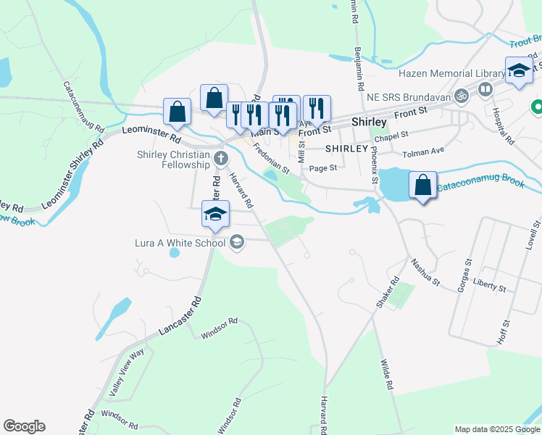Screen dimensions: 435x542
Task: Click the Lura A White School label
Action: [180, 243]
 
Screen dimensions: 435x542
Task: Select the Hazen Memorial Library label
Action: [451, 74]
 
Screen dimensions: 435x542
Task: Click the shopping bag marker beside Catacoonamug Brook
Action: [423, 185]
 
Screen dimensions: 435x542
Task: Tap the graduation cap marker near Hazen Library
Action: [518, 72]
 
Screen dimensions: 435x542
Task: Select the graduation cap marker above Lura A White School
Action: [215, 215]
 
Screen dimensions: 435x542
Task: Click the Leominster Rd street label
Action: [151, 133]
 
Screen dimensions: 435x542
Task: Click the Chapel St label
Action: [391, 135]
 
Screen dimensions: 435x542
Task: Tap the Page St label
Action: [322, 167]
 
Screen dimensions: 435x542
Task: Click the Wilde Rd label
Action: [388, 374]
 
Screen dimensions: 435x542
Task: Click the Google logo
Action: [24, 426]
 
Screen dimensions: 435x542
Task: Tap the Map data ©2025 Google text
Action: [497, 429]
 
